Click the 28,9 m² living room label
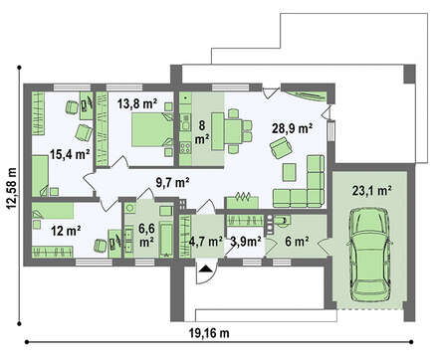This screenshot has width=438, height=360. [x=292, y=128]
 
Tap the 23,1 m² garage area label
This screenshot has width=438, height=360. [x=371, y=191]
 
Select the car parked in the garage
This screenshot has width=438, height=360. [x=370, y=255]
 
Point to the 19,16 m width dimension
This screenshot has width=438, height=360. [x=209, y=332]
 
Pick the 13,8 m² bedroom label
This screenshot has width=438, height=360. [x=137, y=103]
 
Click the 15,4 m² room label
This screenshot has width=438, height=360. [x=70, y=154]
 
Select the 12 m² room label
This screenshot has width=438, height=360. [x=67, y=231]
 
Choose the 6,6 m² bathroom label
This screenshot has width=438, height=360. [x=146, y=235]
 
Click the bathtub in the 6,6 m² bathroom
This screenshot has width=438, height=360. [x=166, y=239]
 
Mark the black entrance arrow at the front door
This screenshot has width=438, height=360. [x=206, y=269]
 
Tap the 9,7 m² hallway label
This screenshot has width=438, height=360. [x=172, y=182]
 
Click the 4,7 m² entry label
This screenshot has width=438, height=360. [x=206, y=242]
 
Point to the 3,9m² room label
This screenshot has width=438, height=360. [x=246, y=242]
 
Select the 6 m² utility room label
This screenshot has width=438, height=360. [x=298, y=242]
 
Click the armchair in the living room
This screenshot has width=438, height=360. [x=281, y=147]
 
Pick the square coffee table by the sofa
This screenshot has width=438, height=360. [x=289, y=172]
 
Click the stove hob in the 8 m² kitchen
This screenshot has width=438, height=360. [x=185, y=147]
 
